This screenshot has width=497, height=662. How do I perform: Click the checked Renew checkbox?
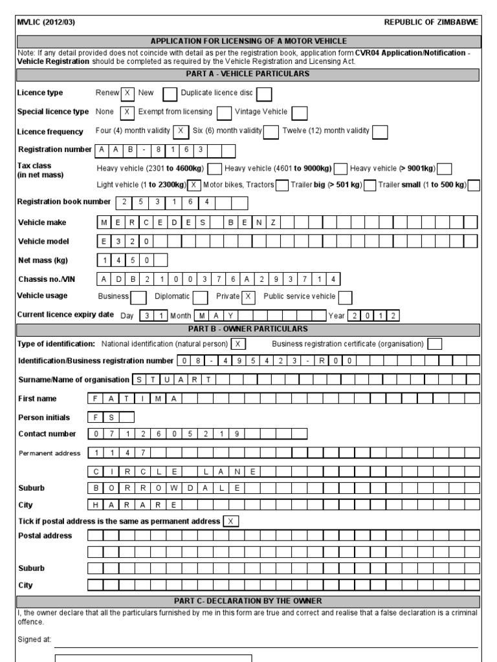pyautogui.click(x=127, y=94)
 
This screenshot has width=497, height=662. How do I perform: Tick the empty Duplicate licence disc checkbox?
pyautogui.click(x=263, y=94)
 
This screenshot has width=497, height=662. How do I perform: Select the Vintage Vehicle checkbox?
pyautogui.click(x=299, y=113)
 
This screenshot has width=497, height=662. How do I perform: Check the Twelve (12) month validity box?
pyautogui.click(x=380, y=132)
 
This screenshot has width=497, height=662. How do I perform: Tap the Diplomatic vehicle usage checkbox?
pyautogui.click(x=200, y=297)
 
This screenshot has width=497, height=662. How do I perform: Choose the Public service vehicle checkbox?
pyautogui.click(x=346, y=297)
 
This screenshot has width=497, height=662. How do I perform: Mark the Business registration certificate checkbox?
pyautogui.click(x=435, y=344)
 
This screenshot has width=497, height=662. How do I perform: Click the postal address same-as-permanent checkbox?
pyautogui.click(x=230, y=521)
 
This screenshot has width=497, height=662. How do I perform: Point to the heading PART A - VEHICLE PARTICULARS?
pyautogui.click(x=248, y=74)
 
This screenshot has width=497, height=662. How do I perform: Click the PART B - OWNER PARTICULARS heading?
pyautogui.click(x=248, y=330)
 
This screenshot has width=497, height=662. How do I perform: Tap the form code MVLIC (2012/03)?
pyautogui.click(x=46, y=22)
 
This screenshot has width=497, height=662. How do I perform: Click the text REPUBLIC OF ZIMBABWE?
pyautogui.click(x=431, y=22)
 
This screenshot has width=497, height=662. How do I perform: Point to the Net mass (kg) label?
pyautogui.click(x=43, y=261)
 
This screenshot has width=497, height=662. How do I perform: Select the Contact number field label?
pyautogui.click(x=47, y=434)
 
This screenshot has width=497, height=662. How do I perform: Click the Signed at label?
pyautogui.click(x=34, y=640)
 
